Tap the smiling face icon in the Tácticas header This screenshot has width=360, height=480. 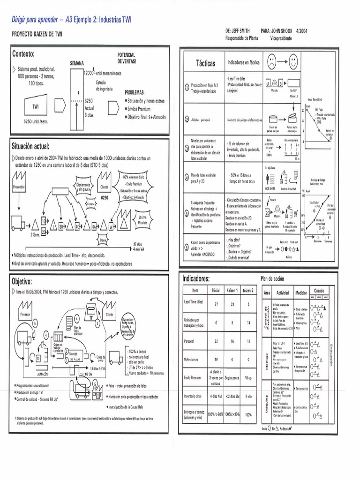(293, 61)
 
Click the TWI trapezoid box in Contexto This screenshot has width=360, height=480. (35, 106)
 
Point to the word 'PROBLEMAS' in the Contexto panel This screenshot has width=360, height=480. (135, 92)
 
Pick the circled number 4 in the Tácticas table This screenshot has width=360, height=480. (187, 179)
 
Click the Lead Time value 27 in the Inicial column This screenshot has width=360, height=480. (216, 304)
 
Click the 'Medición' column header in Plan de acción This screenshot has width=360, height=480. (301, 292)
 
